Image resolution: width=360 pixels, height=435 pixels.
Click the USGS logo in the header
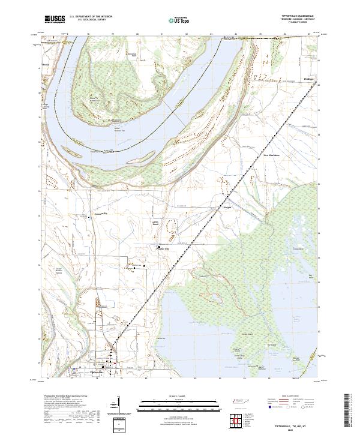[56, 19]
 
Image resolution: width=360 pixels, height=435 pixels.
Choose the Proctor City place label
[163, 251]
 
